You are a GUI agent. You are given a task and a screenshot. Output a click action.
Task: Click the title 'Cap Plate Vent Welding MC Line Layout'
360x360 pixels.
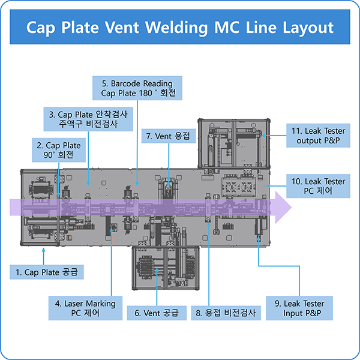[x=179, y=28]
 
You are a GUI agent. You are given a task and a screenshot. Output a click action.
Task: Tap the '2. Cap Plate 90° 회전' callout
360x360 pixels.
[x=58, y=150]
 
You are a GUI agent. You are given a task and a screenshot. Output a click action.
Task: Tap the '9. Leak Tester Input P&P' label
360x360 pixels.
[x=299, y=308]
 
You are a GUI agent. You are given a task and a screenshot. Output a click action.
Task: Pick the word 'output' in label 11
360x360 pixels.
[x=309, y=141]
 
